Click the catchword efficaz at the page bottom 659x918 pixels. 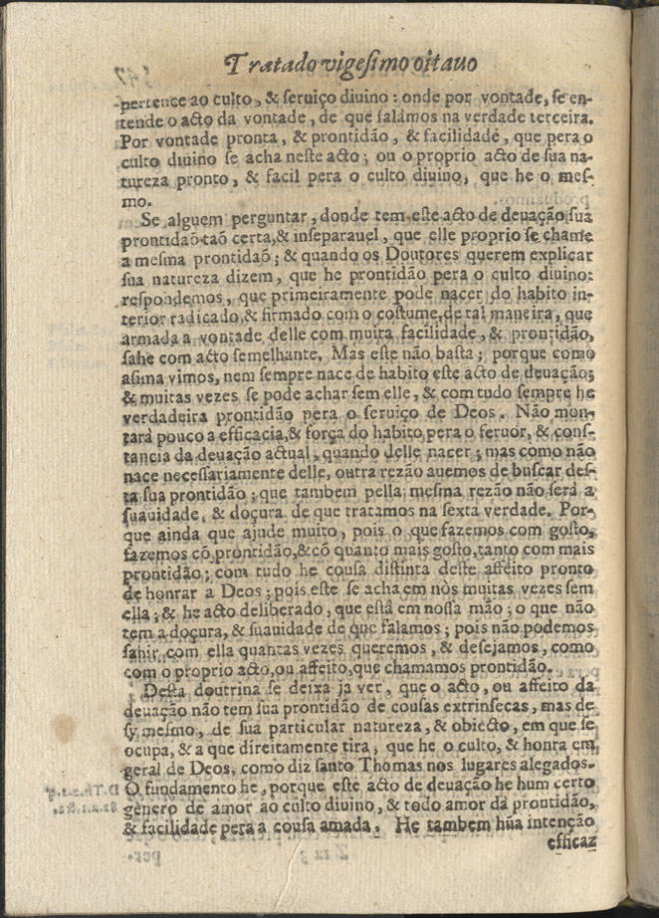coord(570,842)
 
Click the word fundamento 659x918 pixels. coord(201,787)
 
